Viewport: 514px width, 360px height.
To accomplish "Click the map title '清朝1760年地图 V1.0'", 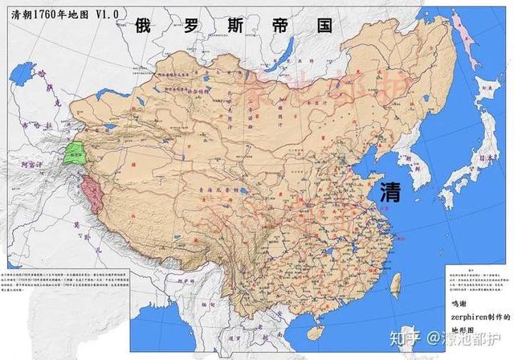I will [x=59, y=14].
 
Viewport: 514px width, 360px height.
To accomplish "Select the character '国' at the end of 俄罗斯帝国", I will [x=324, y=25].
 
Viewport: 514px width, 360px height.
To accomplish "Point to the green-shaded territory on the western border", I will [x=77, y=153].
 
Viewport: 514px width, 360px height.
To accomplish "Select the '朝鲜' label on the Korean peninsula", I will [x=418, y=161].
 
